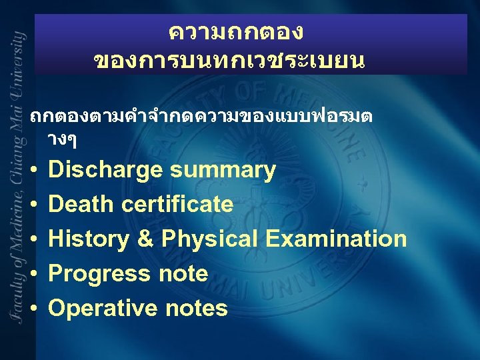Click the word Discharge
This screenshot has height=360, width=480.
pos(106,171)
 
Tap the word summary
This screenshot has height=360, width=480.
pos(223,171)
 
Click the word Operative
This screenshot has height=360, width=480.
pos(104,308)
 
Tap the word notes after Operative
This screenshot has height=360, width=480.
pos(198,308)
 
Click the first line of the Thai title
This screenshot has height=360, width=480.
pos(236,31)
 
